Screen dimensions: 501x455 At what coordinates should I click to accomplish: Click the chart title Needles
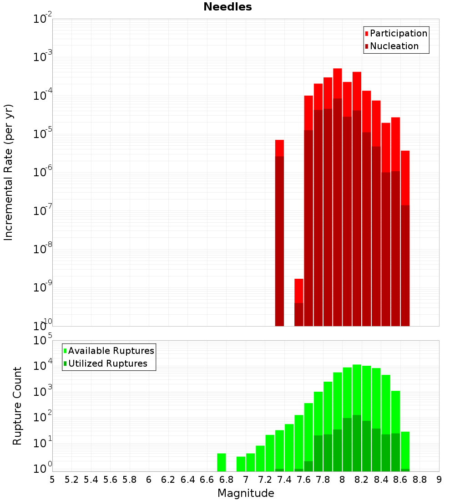pos(227,7)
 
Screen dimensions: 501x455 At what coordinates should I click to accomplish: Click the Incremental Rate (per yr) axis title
pos(8,172)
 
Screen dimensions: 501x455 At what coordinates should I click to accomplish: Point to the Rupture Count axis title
pos(17,406)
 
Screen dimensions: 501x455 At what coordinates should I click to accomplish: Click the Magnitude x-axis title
pos(246,493)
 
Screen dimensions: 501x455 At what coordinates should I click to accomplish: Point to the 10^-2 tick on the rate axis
pos(43,19)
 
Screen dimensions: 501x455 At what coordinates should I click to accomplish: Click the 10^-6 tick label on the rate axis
pos(43,172)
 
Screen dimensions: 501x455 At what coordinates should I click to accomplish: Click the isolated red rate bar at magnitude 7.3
pos(279,228)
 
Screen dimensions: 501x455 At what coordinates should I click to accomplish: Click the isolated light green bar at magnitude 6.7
pos(222,462)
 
